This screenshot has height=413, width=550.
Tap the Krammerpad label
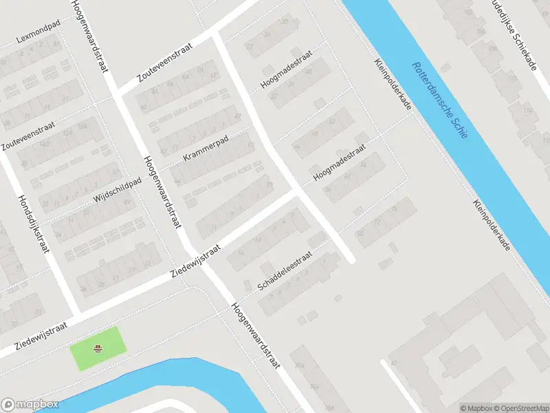206,148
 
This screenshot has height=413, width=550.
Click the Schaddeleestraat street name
285,270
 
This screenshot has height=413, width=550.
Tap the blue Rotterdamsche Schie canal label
439,100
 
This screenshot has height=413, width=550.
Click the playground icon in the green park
98,348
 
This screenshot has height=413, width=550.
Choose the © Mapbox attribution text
475,407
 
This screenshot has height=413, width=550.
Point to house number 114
528,110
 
